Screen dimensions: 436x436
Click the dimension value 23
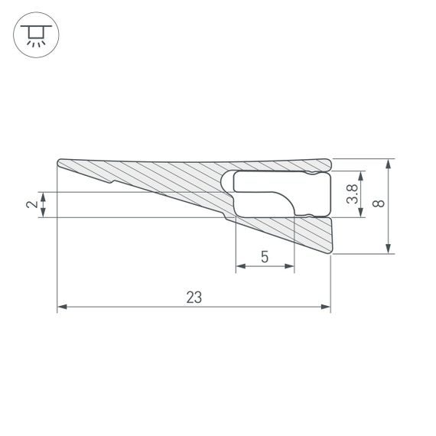(x=194, y=298)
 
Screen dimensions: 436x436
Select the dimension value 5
(x=264, y=257)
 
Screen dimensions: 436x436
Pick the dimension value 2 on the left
(x=31, y=204)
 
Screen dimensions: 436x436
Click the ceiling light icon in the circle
(x=33, y=34)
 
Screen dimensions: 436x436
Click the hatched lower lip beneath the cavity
(x=306, y=233)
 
